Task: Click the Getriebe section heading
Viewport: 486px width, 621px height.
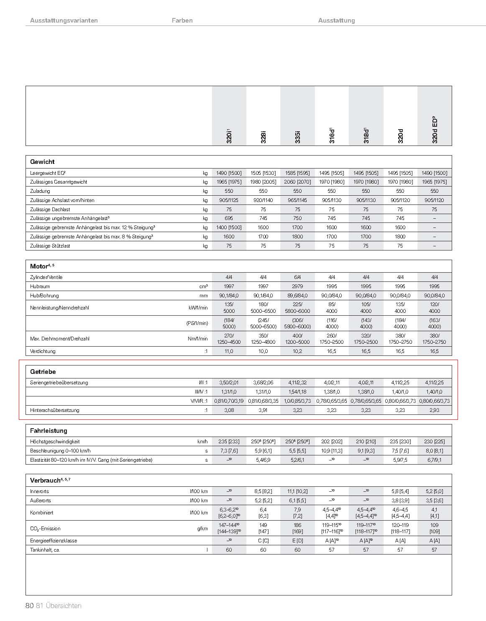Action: (43, 371)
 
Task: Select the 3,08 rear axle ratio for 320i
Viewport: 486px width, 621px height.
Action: (229, 410)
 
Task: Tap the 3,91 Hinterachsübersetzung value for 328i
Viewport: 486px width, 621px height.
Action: (263, 410)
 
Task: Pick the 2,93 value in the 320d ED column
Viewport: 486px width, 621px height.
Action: (435, 410)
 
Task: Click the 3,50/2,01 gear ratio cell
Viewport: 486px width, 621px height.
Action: (229, 383)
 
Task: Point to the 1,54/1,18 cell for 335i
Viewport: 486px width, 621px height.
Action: (297, 392)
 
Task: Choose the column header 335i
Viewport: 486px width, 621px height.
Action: (298, 138)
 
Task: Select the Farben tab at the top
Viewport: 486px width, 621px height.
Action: (182, 20)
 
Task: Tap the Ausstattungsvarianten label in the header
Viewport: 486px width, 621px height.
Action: (64, 20)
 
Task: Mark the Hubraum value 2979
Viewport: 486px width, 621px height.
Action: (297, 286)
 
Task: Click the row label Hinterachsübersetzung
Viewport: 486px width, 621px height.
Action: (54, 410)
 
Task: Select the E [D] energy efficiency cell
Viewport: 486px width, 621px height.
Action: (297, 541)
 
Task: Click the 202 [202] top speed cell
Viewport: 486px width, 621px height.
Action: (332, 442)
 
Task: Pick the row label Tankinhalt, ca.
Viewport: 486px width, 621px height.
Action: (45, 550)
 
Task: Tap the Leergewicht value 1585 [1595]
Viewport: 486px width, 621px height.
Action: (297, 173)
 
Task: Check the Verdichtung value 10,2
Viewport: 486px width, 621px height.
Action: (297, 351)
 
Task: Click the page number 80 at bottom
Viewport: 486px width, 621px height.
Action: (29, 606)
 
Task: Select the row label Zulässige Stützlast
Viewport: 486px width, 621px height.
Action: (50, 246)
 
